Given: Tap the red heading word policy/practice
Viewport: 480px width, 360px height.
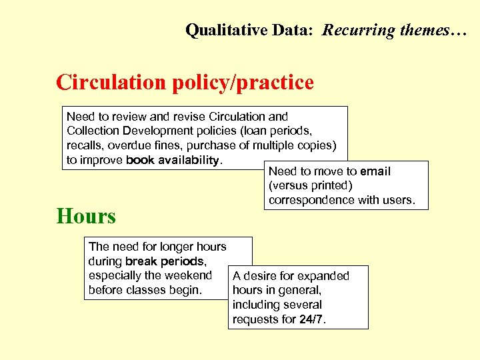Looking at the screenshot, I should tap(243, 82).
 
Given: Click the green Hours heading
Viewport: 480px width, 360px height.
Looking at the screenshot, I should tap(86, 216).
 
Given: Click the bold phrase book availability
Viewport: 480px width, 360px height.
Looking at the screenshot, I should tap(173, 160).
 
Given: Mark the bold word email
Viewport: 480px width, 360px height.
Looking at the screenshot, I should tap(375, 171).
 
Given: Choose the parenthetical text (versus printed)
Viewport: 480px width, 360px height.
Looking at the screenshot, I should tap(311, 185).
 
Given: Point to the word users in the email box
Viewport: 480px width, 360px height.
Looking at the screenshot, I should tap(399, 200).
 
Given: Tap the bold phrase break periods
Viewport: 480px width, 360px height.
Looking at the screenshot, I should tap(165, 261).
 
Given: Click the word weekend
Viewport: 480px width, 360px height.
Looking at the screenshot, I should tap(189, 275).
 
